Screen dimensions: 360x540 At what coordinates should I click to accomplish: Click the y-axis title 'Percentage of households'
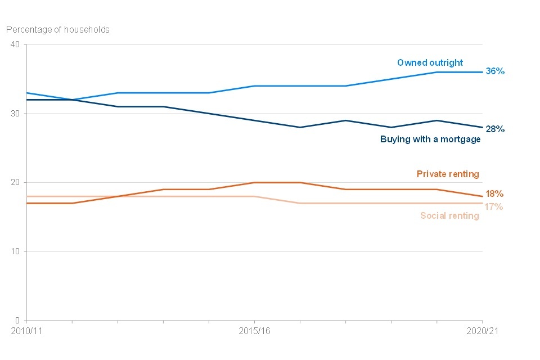pos(58,29)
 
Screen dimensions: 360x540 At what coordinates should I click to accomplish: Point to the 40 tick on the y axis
pos(15,44)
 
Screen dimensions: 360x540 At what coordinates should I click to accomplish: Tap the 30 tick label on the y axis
pos(15,114)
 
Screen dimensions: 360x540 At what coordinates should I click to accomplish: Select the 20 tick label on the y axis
pos(15,182)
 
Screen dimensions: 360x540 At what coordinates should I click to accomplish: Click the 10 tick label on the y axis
pos(15,251)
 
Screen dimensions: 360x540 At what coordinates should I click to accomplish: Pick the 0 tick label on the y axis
pos(17,320)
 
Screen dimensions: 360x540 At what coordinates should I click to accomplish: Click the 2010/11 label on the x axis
pos(26,331)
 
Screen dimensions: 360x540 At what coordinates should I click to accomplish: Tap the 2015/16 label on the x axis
pos(254,331)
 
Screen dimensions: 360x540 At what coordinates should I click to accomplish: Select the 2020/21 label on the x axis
pos(482,331)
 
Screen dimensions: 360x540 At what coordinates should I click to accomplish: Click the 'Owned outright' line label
pos(430,62)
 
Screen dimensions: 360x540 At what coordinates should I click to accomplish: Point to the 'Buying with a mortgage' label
pos(430,139)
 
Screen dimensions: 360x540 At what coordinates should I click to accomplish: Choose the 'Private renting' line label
pos(448,174)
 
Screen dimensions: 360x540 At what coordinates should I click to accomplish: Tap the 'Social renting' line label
pos(449,215)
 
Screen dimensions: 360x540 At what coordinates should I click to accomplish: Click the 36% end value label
pos(495,71)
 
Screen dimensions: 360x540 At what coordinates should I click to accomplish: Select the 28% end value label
pos(495,129)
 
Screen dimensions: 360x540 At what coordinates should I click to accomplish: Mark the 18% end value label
pos(494,194)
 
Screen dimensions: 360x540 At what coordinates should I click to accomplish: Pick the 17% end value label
pos(494,206)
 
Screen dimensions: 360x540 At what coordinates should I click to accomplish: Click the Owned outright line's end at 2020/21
pos(482,72)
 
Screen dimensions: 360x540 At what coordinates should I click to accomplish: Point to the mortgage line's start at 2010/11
pos(27,100)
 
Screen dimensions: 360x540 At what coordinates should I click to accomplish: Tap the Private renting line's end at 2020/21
pos(482,196)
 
